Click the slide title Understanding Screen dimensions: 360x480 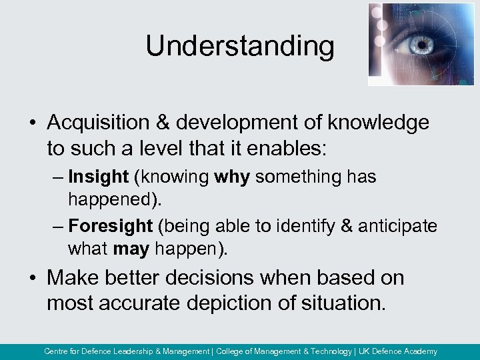coord(240,46)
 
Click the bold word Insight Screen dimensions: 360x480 coord(98,177)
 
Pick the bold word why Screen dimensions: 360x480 coord(233,177)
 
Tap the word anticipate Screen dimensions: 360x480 coord(398,226)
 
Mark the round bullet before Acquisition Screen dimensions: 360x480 coord(33,123)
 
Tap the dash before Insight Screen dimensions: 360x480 coord(58,177)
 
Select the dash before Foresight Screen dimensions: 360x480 coord(58,227)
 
